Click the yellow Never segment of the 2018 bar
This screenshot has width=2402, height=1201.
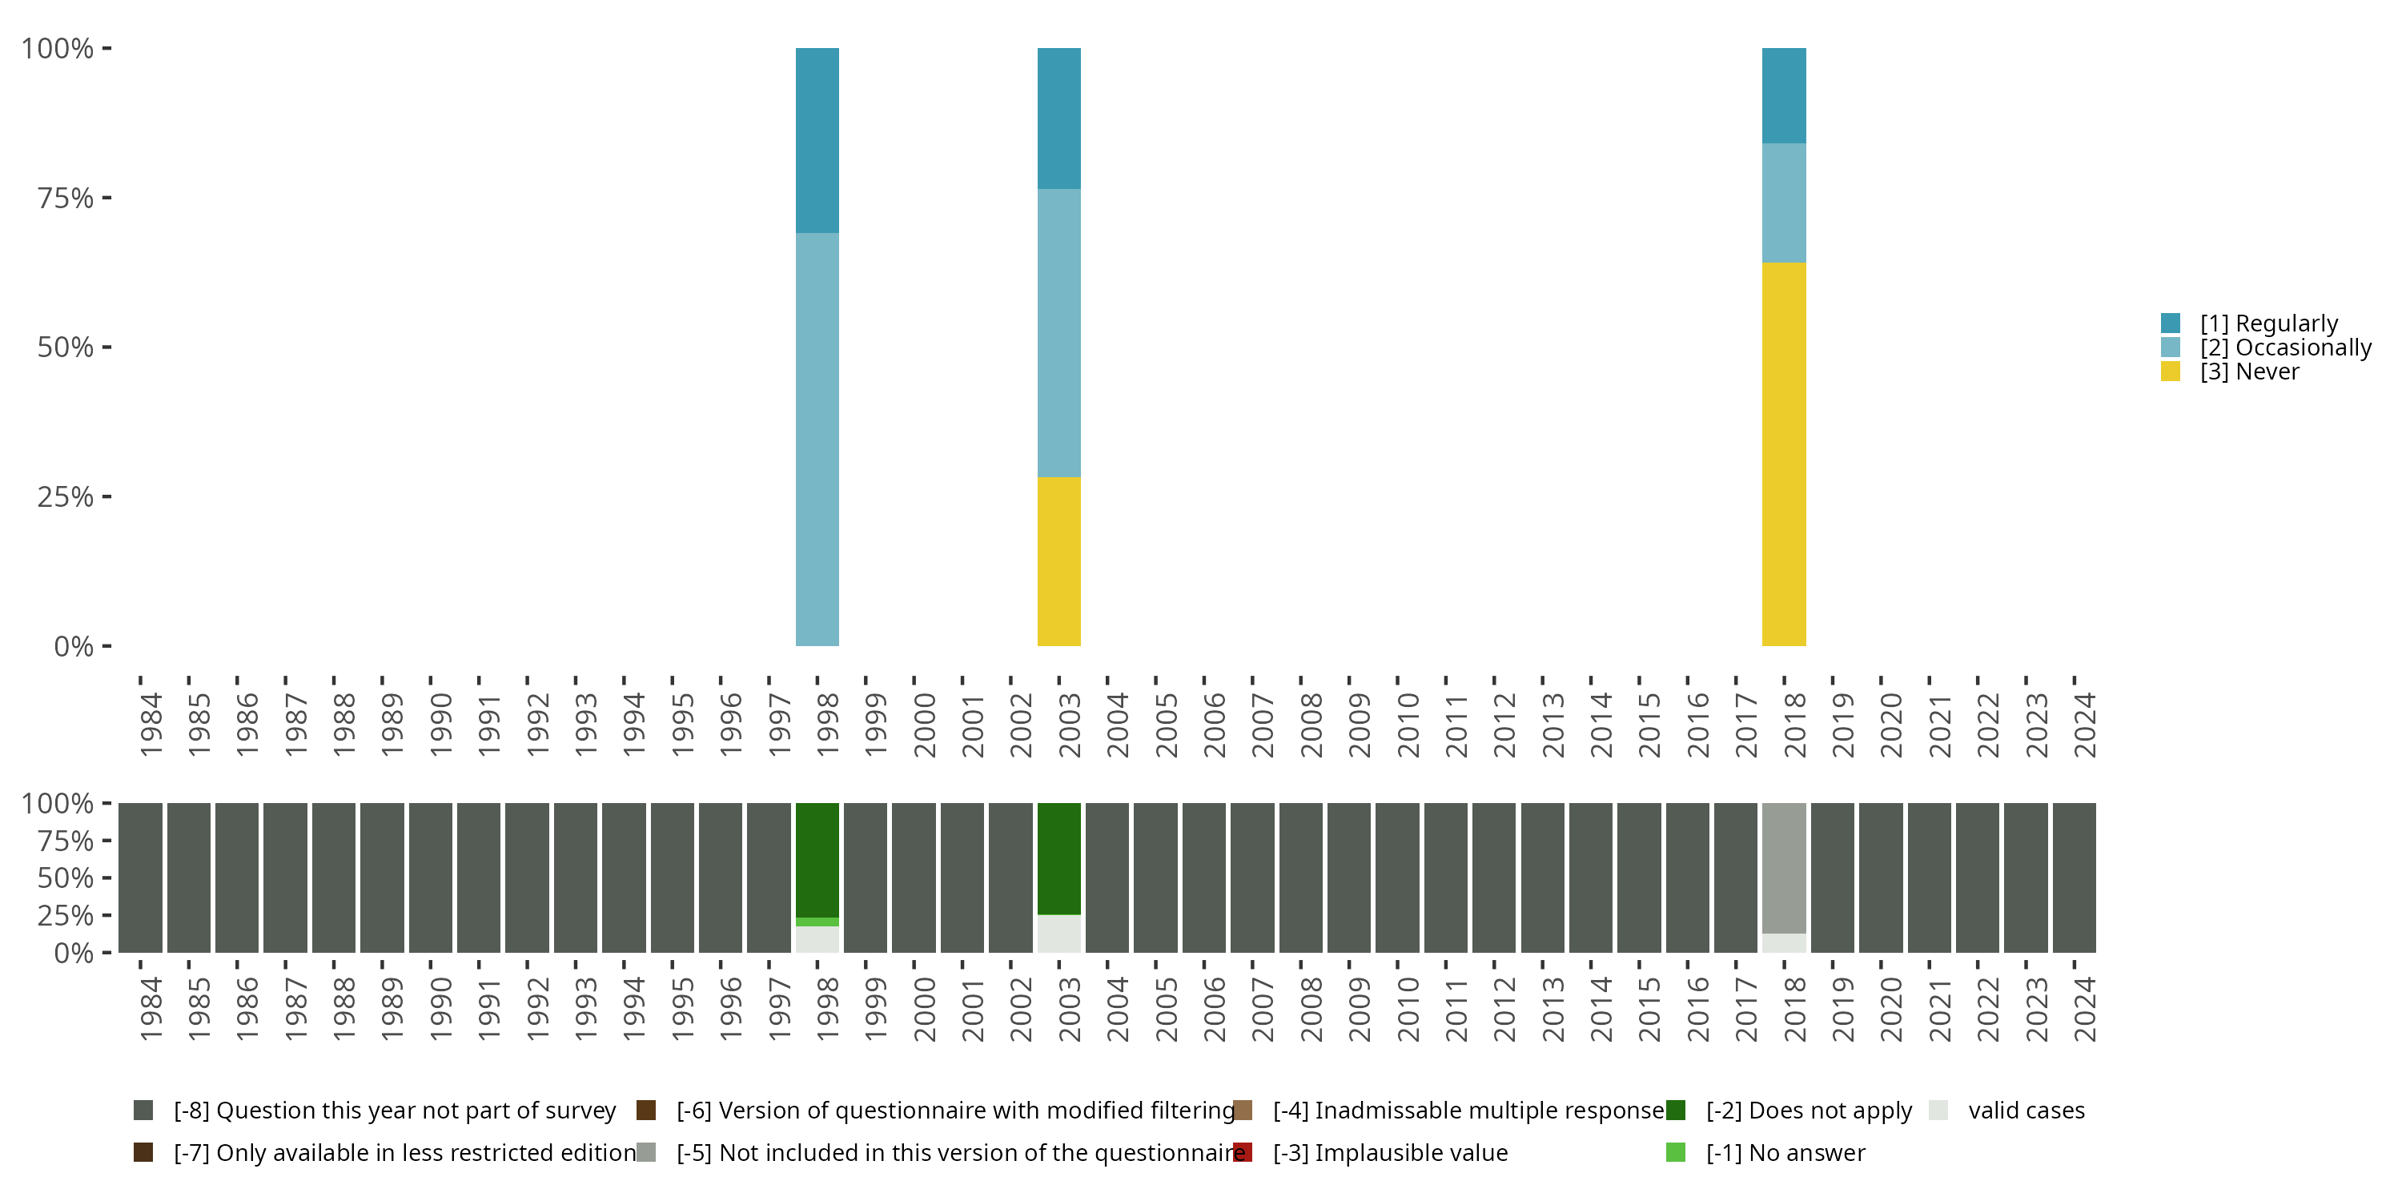pyautogui.click(x=1783, y=453)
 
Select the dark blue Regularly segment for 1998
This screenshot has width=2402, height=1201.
pyautogui.click(x=817, y=140)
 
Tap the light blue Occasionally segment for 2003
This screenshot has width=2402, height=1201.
pyautogui.click(x=1058, y=333)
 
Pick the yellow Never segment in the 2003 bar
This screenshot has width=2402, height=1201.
pyautogui.click(x=1058, y=560)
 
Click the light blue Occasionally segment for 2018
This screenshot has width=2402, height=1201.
pyautogui.click(x=1783, y=203)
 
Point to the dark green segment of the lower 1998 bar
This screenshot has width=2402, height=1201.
pyautogui.click(x=817, y=860)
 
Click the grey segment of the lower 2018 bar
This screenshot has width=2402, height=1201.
pyautogui.click(x=1783, y=867)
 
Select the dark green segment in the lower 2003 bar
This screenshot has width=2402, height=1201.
pyautogui.click(x=1058, y=858)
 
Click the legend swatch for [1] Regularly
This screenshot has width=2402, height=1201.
pyautogui.click(x=2170, y=323)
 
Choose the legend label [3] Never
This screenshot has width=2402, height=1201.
pyautogui.click(x=2249, y=372)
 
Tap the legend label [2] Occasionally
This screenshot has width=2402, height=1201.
pyautogui.click(x=2284, y=347)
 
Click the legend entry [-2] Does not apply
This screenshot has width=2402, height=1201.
pyautogui.click(x=1808, y=1111)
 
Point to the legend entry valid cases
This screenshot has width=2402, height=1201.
pyautogui.click(x=2026, y=1111)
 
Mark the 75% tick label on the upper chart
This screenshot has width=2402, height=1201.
pyautogui.click(x=66, y=198)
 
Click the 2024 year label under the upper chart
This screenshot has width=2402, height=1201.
pyautogui.click(x=2084, y=725)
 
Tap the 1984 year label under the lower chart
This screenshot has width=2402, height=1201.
pyautogui.click(x=151, y=1009)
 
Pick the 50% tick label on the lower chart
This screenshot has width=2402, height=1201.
pyautogui.click(x=66, y=878)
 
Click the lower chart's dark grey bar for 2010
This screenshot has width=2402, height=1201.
pyautogui.click(x=1397, y=878)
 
